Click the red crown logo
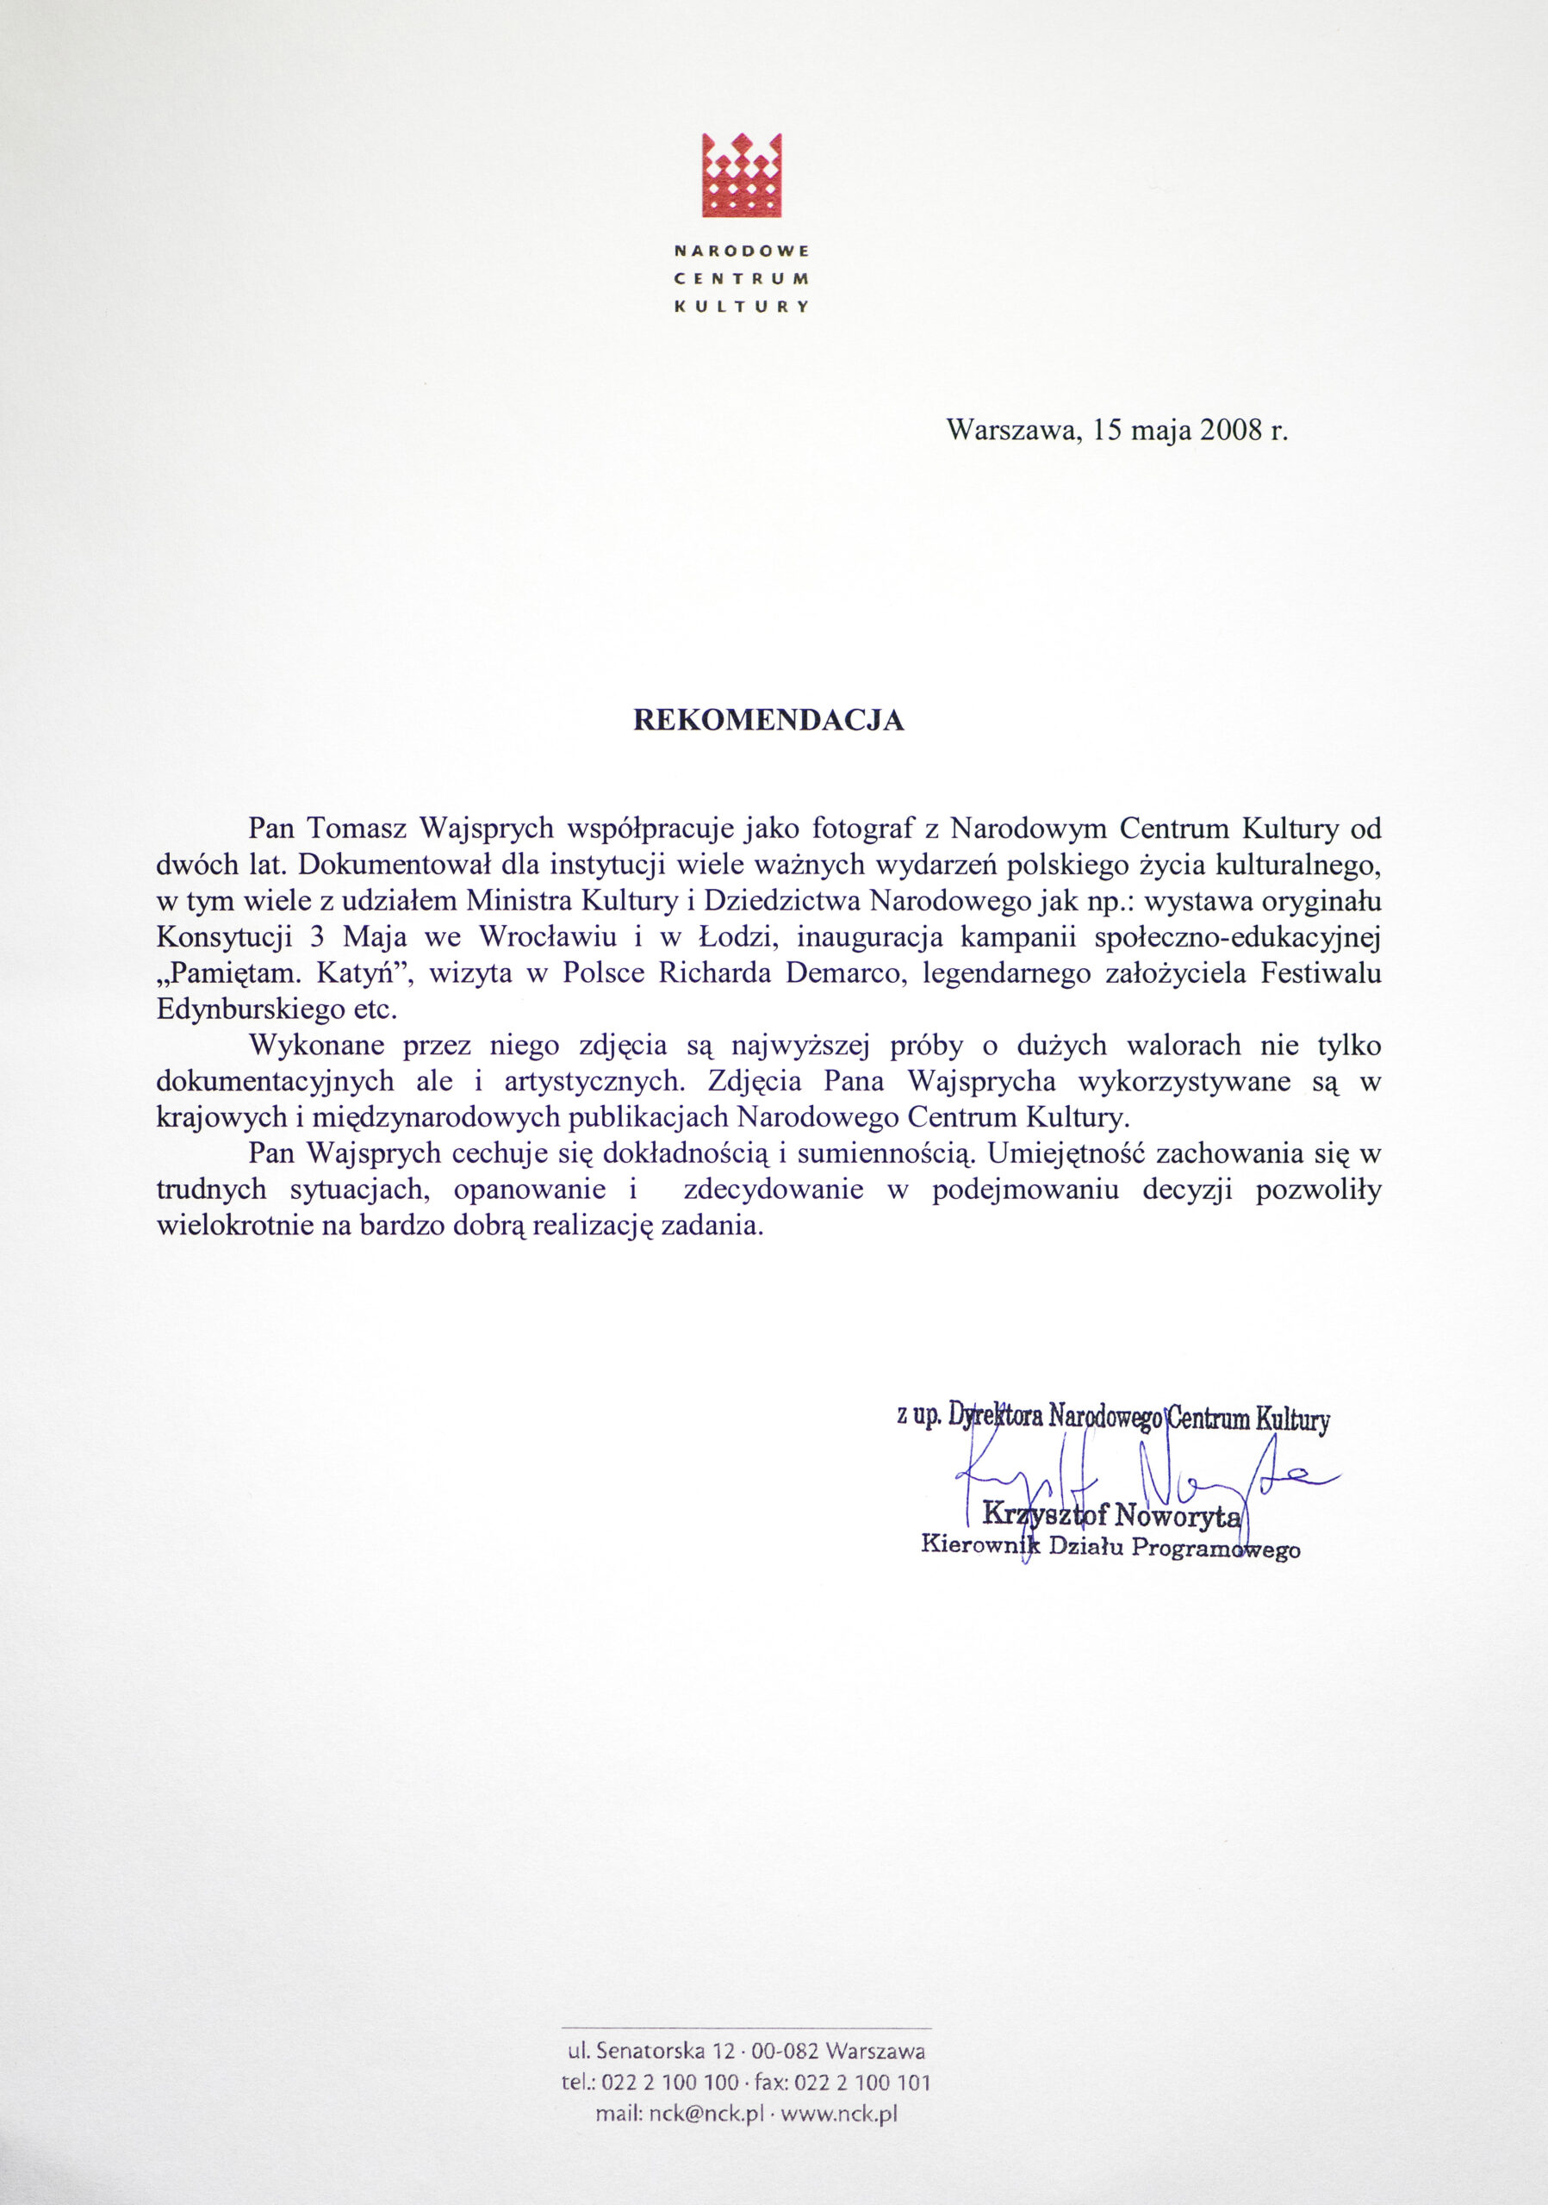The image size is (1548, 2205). pyautogui.click(x=742, y=174)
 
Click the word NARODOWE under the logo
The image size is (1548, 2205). pyautogui.click(x=742, y=251)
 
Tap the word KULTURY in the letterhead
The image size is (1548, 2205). pyautogui.click(x=742, y=307)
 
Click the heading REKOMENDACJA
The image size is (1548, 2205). pyautogui.click(x=768, y=721)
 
